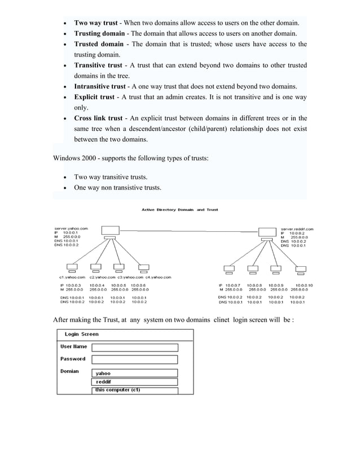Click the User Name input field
[134, 348]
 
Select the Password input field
[134, 359]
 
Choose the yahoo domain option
[134, 373]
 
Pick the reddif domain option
[134, 381]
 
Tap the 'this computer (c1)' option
[134, 390]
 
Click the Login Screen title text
[82, 335]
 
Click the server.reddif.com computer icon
[266, 231]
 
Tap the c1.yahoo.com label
[72, 278]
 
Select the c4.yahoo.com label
[157, 278]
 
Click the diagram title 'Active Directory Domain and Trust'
[179, 210]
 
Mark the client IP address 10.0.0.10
[304, 286]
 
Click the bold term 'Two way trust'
[96, 23]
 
